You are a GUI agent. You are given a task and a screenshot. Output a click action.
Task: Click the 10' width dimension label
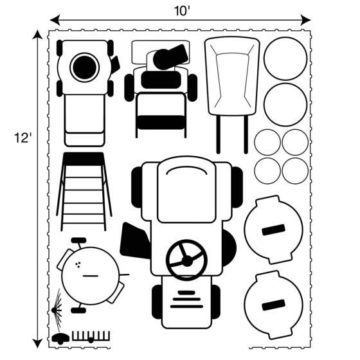coord(182,11)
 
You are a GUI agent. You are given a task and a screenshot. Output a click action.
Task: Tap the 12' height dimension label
coord(22,138)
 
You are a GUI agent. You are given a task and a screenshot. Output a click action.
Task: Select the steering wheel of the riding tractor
coord(186,260)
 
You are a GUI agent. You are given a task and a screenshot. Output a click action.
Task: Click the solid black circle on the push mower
coord(85,67)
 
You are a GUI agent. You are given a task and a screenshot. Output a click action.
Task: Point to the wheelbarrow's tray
coord(232,76)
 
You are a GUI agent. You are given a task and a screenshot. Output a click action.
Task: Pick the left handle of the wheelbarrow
coord(218,134)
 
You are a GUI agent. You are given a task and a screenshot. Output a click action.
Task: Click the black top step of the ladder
coord(84,159)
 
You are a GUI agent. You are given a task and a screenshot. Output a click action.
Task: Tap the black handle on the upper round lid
coord(273,230)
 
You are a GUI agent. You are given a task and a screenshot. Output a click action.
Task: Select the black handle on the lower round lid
coord(273,305)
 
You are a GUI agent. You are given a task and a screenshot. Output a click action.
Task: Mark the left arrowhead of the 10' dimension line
coord(55,20)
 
